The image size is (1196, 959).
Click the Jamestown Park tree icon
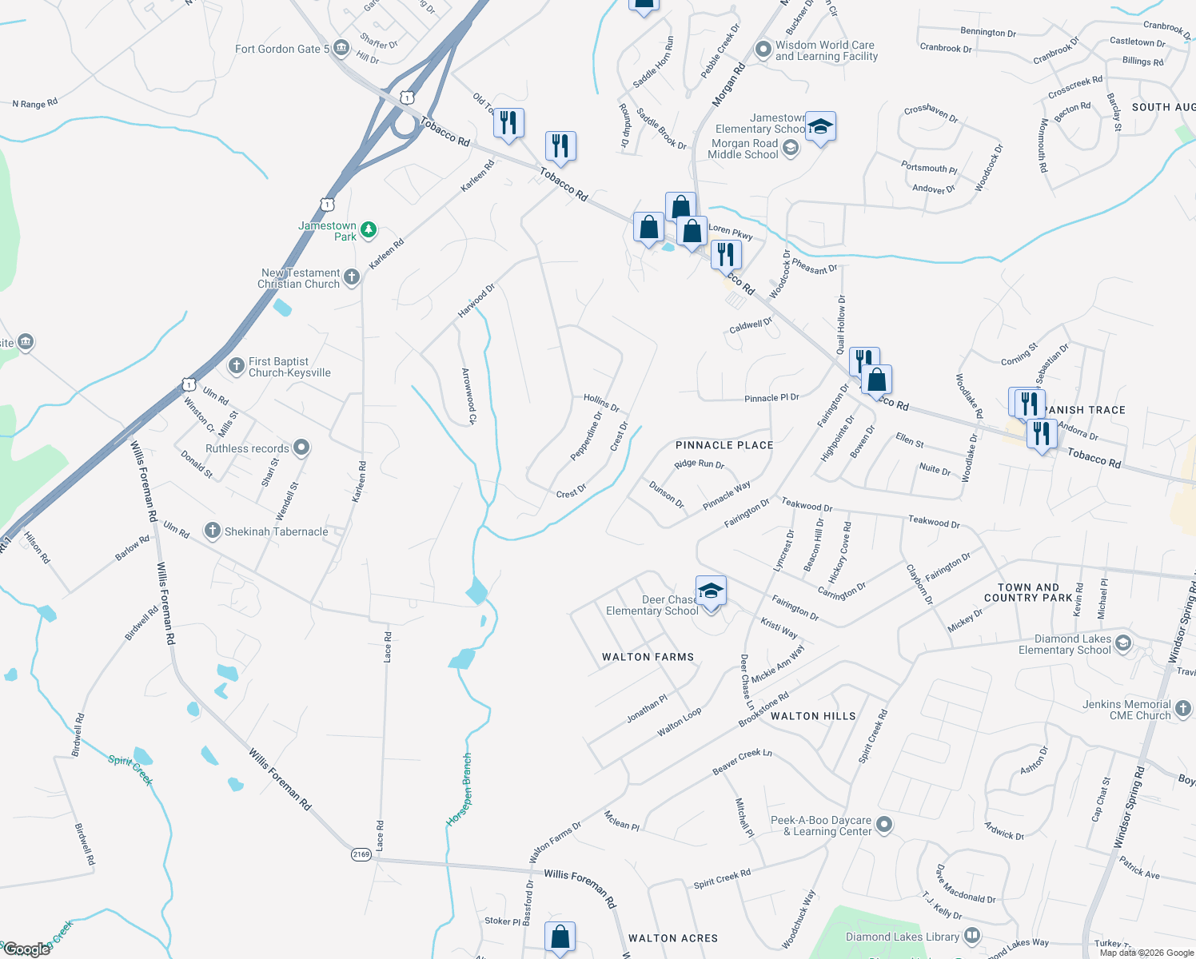coord(368,230)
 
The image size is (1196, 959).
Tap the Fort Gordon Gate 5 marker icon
coord(341,49)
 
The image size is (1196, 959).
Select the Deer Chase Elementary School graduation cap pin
coord(711,591)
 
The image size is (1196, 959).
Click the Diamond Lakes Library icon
coord(972,935)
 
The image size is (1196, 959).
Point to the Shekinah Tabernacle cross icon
coord(212,531)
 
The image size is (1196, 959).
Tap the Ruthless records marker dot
coord(301,448)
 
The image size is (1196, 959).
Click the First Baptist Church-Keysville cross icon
coord(237,366)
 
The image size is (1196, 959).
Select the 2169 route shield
coord(361,854)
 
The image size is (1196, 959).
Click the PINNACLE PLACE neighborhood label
coord(724,445)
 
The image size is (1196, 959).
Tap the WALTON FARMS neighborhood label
coord(648,657)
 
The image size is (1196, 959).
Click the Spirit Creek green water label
coord(130,769)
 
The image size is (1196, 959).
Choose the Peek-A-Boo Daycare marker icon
coord(883,824)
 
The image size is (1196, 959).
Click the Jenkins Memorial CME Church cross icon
coord(1183,708)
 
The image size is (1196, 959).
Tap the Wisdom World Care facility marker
coord(763,50)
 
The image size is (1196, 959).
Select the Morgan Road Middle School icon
coord(791,148)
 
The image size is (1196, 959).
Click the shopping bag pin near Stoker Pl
coord(560,937)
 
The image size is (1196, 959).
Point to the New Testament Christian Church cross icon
coord(352,277)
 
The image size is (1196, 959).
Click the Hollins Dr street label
coord(601,402)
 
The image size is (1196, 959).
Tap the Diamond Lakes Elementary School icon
coord(1123,643)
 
